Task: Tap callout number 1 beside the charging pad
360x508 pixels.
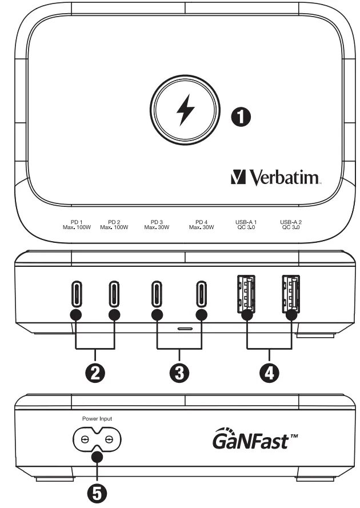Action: [240, 117]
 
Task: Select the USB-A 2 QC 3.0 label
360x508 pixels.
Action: [291, 224]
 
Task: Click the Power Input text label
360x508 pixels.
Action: [97, 418]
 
